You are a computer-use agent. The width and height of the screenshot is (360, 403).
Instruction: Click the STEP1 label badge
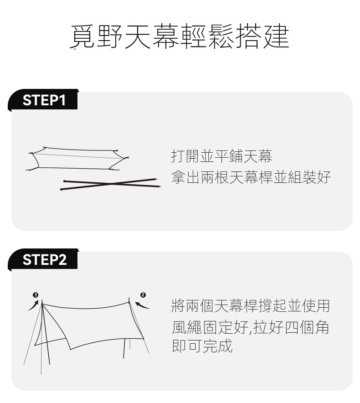(43, 100)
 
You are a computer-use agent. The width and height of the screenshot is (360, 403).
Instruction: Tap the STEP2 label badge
(43, 259)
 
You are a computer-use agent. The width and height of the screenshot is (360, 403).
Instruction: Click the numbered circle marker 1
(36, 295)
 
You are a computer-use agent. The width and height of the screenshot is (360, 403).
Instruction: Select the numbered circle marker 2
(143, 295)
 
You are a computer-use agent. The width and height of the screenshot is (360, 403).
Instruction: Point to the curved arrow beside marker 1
(34, 306)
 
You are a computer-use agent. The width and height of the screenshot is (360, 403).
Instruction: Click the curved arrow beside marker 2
(142, 305)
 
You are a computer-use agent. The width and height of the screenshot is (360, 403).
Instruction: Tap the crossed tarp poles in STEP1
(110, 184)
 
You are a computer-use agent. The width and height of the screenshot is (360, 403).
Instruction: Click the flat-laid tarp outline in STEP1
(77, 159)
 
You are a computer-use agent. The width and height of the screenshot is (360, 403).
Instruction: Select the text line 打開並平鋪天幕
(221, 156)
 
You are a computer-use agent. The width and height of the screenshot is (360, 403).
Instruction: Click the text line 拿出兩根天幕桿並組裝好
(251, 177)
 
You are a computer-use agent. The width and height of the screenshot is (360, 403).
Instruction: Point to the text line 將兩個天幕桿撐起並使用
(251, 306)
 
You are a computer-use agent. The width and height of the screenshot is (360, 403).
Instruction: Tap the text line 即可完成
(202, 346)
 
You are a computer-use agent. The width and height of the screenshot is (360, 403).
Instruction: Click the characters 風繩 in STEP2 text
(187, 327)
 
